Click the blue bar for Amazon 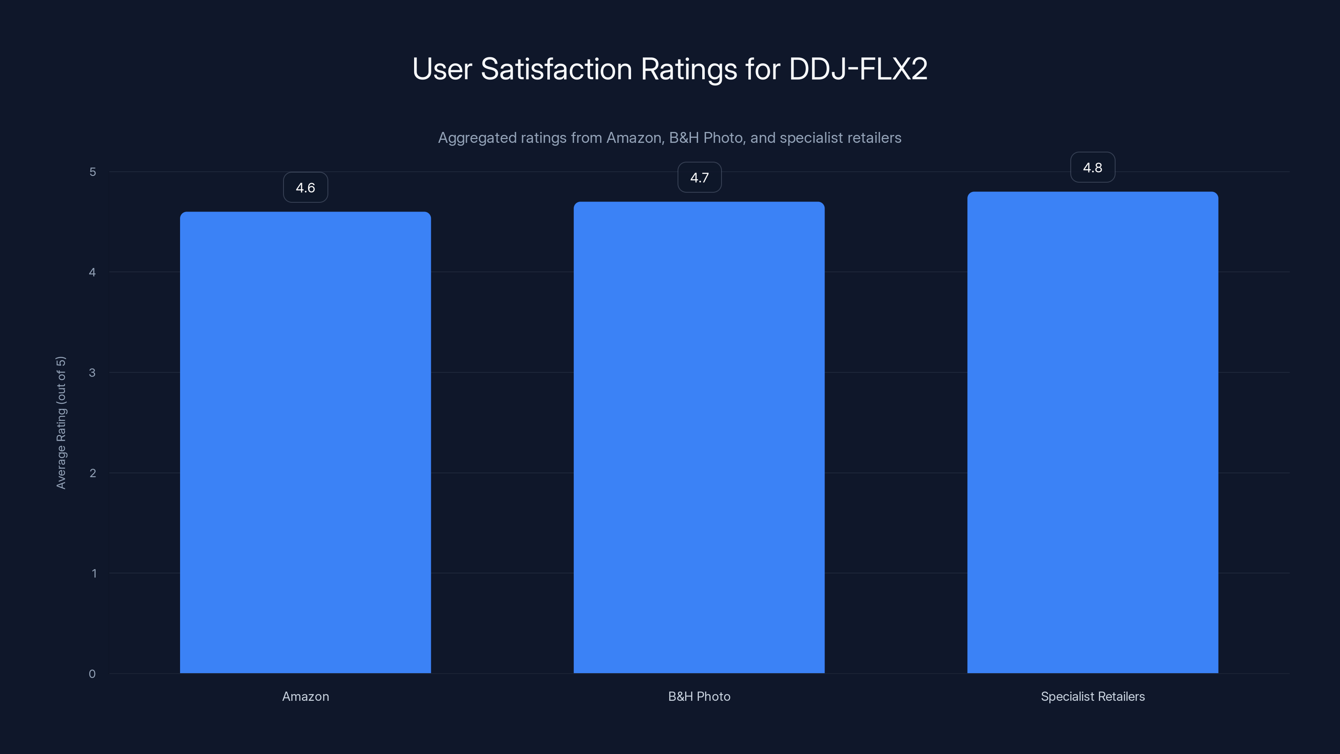click(x=305, y=442)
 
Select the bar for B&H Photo click(x=699, y=437)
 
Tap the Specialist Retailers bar click(x=1093, y=432)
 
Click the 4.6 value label click(x=305, y=187)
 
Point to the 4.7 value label click(x=699, y=178)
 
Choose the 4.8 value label click(x=1093, y=168)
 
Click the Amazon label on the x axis click(x=305, y=696)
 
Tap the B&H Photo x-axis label click(x=699, y=696)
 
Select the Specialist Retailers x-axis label click(x=1093, y=696)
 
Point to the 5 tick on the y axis click(x=93, y=172)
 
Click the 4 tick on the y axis click(x=93, y=272)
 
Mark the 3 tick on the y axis click(x=93, y=372)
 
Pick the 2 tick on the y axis click(x=93, y=473)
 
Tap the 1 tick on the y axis click(x=94, y=573)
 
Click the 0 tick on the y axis click(x=92, y=674)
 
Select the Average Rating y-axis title click(x=61, y=423)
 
